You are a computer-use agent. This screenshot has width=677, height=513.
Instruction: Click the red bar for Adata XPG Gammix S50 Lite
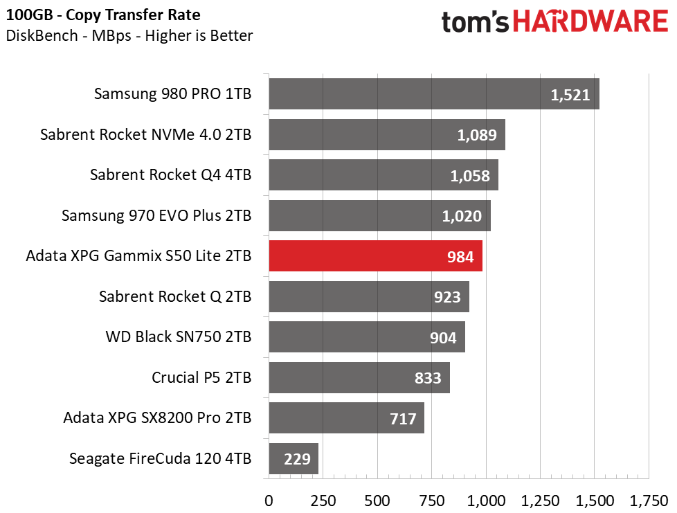(376, 256)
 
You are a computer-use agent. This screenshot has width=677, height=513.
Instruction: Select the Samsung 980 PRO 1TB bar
(434, 93)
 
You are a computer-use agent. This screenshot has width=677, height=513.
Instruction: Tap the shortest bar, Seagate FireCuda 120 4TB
(294, 458)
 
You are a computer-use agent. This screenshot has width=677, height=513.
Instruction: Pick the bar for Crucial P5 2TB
(359, 377)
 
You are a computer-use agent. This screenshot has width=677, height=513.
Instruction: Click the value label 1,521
(570, 95)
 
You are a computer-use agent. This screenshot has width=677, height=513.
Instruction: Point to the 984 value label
(460, 257)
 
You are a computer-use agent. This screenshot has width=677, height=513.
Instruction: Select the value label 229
(297, 459)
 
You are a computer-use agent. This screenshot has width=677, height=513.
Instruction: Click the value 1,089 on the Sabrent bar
(477, 135)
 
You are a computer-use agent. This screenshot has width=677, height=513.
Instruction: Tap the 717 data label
(403, 419)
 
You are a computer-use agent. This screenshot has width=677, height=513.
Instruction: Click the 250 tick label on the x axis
(323, 501)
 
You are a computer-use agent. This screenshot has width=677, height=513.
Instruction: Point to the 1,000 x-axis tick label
(486, 501)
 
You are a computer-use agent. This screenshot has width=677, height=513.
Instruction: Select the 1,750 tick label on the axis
(649, 501)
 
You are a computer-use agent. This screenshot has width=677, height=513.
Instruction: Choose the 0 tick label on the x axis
(269, 501)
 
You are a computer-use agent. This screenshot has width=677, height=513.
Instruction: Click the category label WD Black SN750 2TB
(179, 337)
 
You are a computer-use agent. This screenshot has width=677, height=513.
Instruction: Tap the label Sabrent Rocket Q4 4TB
(170, 175)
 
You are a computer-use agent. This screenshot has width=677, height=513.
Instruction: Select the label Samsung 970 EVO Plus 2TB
(156, 215)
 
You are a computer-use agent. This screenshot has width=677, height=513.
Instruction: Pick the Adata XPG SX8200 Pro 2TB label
(157, 418)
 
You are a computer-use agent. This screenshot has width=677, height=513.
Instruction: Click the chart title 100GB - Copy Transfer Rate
(103, 15)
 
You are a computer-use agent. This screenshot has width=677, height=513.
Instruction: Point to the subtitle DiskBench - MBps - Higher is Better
(129, 36)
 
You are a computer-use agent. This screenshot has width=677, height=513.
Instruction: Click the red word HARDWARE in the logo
(590, 21)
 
